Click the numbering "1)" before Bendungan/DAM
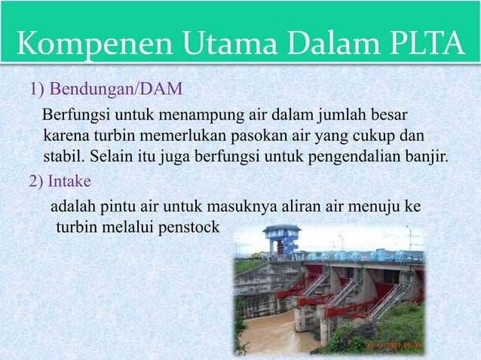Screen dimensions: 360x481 [37, 90]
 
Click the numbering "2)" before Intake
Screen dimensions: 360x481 [37, 182]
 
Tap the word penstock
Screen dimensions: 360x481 [188, 226]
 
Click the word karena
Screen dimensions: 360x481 [66, 137]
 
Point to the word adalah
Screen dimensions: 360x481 [73, 206]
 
